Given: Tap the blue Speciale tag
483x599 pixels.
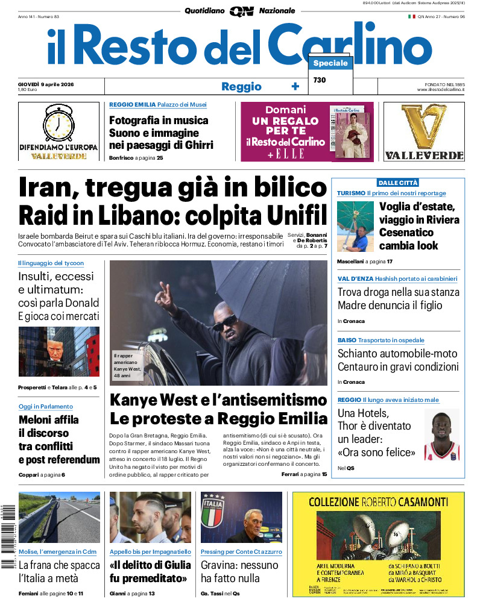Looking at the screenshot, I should (x=330, y=63).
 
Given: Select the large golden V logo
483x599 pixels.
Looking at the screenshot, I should (x=424, y=127).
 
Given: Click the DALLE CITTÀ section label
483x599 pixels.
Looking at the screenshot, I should (x=398, y=183).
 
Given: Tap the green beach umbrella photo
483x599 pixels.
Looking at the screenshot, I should (x=355, y=225).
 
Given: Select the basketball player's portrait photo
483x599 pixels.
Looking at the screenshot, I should (x=441, y=435).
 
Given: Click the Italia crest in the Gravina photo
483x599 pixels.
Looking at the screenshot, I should (x=213, y=511).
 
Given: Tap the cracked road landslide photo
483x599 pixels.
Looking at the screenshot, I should (x=58, y=518).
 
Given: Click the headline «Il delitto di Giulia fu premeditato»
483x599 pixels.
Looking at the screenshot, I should (x=150, y=571).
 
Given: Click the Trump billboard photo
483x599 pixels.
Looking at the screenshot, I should (x=58, y=351).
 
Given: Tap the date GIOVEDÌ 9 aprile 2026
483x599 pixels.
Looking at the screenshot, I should (x=50, y=84).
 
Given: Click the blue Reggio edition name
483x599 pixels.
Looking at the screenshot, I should (x=241, y=86).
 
